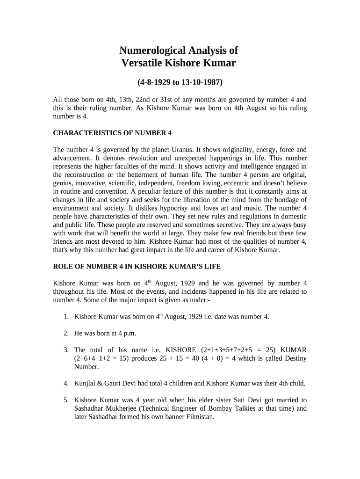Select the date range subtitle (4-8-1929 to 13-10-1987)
tap(180, 83)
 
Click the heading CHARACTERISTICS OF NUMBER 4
tap(112, 133)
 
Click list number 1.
tap(66, 317)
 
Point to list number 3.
tap(66, 350)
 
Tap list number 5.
tap(66, 400)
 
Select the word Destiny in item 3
tap(292, 358)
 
